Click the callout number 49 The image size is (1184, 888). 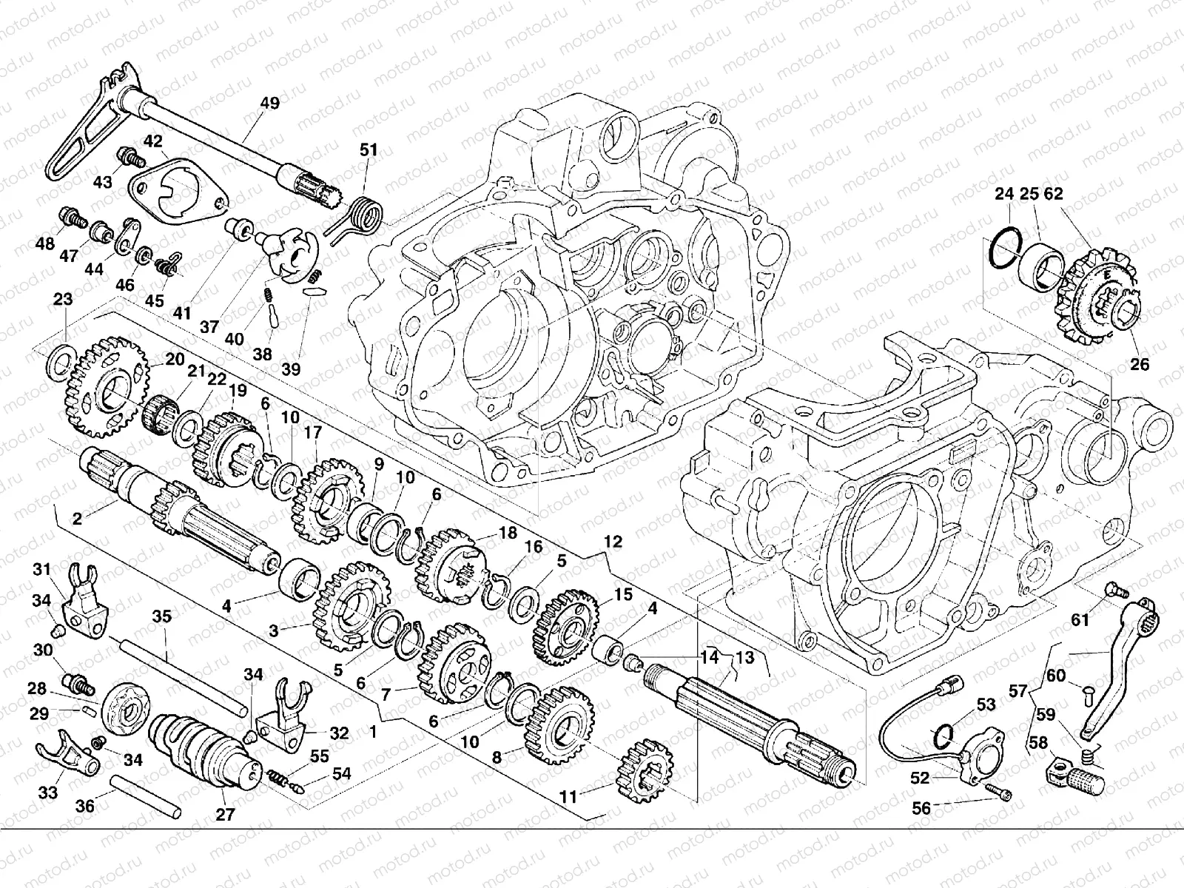coord(270,104)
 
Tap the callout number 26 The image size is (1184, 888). coord(1140,364)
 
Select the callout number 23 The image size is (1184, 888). coord(64,300)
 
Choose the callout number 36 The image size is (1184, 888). coord(85,806)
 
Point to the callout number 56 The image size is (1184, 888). coord(921,808)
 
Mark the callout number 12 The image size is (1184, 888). coord(613,542)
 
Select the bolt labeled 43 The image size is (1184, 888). coord(127,157)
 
